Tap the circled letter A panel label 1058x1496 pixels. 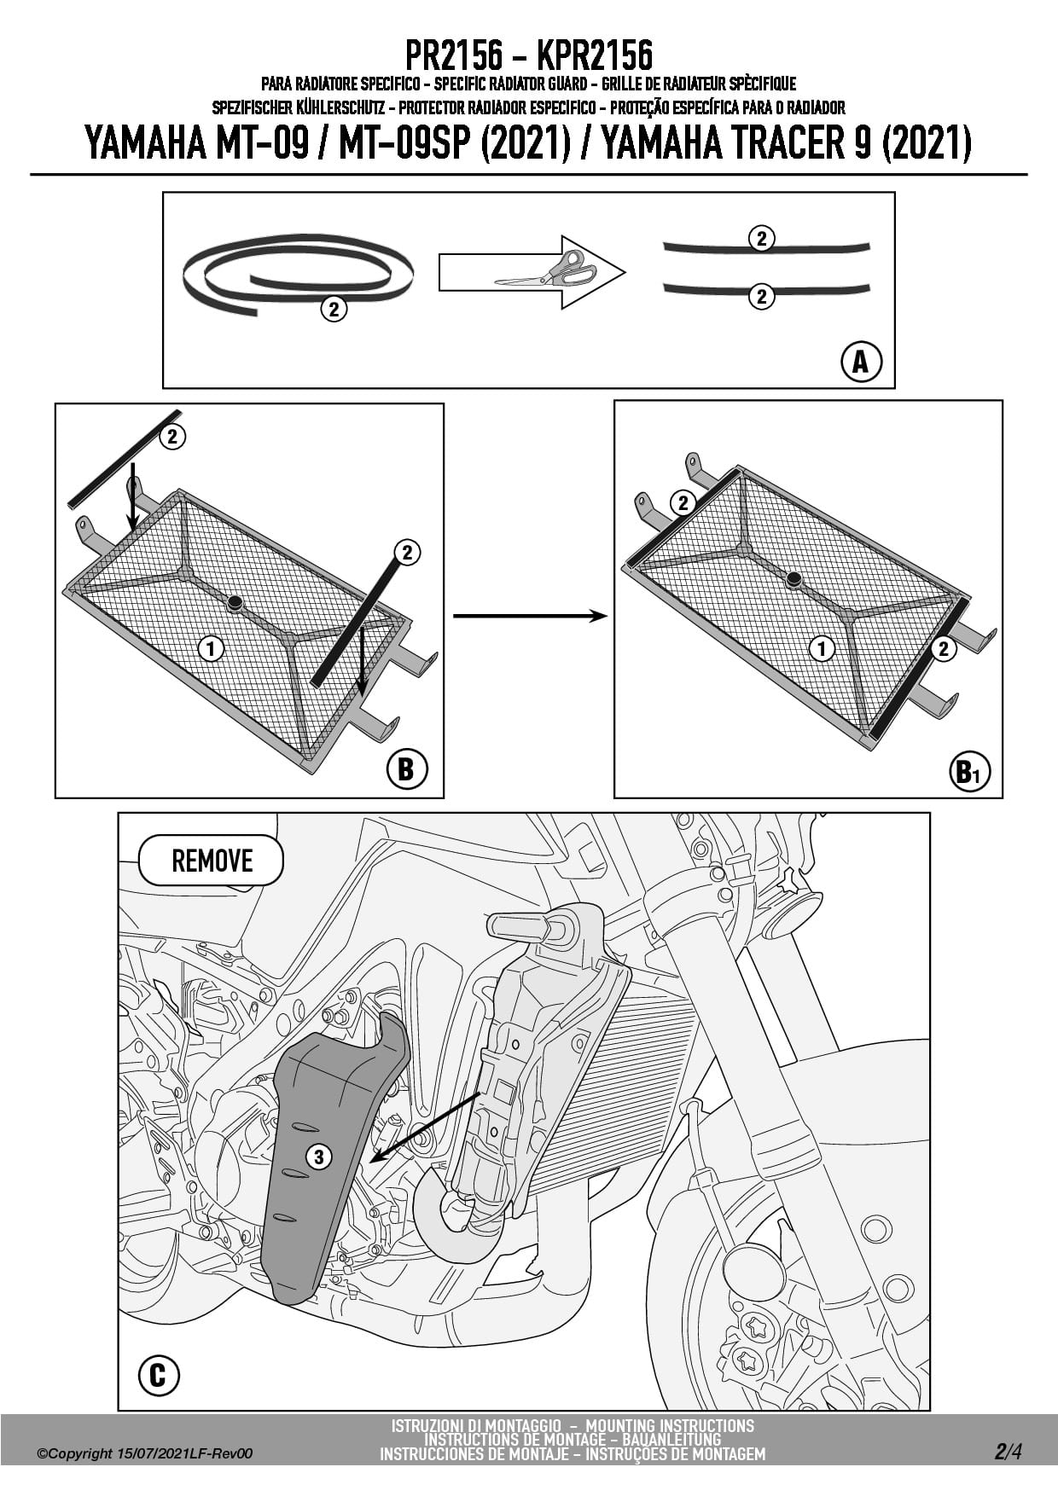tap(860, 362)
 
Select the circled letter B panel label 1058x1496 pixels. tap(406, 769)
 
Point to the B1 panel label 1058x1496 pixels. tap(968, 772)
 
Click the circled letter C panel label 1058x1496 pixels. tap(159, 1376)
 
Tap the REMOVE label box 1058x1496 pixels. tap(211, 861)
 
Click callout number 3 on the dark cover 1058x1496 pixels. tap(318, 1157)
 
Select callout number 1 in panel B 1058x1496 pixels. tap(211, 649)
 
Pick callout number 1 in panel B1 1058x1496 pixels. tap(821, 649)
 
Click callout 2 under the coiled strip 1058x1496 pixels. tap(334, 309)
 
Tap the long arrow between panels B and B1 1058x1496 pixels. tap(529, 616)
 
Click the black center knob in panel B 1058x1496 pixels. tap(235, 603)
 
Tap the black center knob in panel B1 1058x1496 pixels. tap(793, 579)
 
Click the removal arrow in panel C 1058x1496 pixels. tap(427, 1127)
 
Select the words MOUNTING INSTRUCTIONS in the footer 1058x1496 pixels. tap(670, 1425)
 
